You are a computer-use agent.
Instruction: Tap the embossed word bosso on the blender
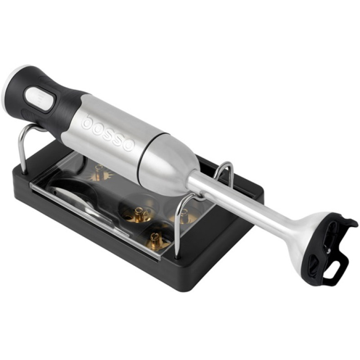(108, 133)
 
